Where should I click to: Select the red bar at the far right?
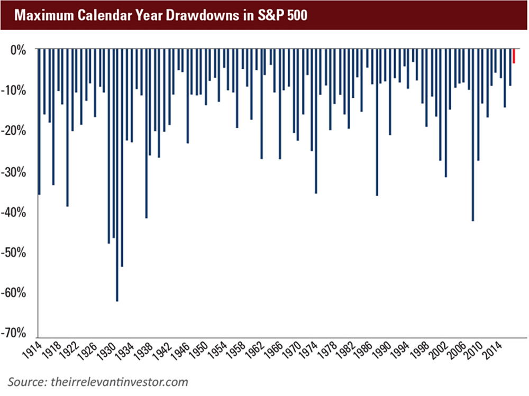[514, 56]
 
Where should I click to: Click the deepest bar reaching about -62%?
[117, 174]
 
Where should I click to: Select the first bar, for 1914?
[39, 122]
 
